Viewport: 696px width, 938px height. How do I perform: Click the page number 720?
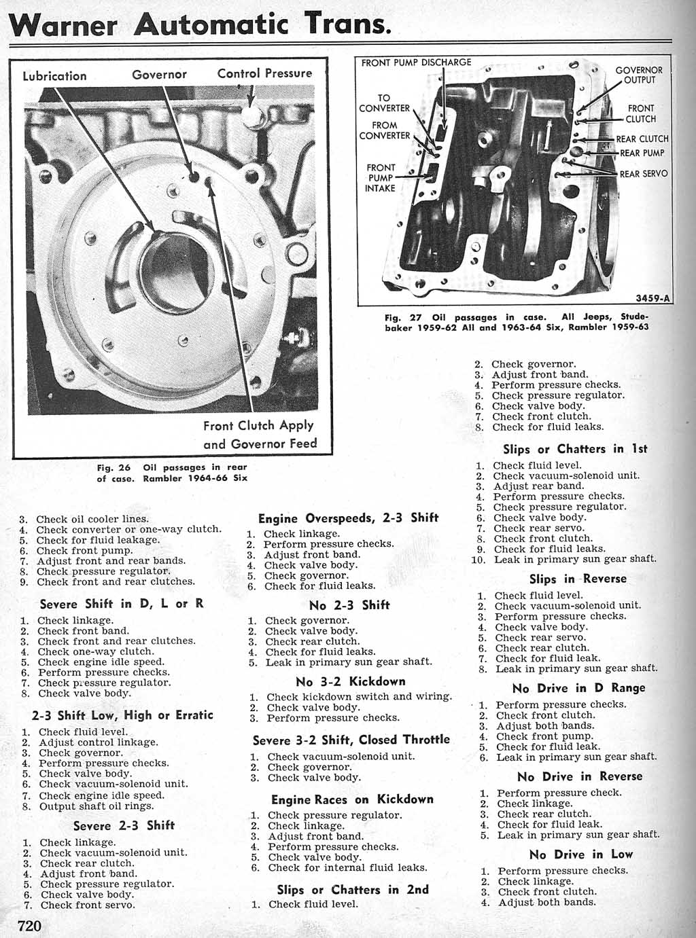click(30, 926)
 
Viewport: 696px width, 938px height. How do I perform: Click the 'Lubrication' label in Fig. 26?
click(54, 76)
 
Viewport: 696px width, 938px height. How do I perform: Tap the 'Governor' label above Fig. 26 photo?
click(159, 75)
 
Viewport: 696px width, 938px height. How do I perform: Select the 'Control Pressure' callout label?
click(264, 73)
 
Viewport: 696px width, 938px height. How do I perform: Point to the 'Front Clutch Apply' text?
click(258, 426)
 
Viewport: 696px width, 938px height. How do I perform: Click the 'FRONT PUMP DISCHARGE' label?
click(416, 62)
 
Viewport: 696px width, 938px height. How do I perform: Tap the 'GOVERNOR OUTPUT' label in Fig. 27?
click(639, 75)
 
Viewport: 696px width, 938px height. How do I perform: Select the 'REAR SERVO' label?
click(644, 174)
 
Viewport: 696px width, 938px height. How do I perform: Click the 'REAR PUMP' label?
click(642, 154)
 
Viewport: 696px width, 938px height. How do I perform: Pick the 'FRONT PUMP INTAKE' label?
click(381, 177)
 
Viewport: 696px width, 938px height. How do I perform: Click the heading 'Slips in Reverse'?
click(578, 579)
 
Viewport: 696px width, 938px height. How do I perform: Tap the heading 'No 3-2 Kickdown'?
click(350, 681)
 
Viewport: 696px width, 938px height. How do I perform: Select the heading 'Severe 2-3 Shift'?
click(124, 825)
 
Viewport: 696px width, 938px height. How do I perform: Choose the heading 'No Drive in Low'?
click(580, 854)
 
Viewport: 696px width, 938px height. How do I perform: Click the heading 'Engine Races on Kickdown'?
click(352, 799)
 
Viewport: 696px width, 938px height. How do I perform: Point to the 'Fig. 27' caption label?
click(403, 317)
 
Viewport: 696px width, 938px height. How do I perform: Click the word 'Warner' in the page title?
click(65, 26)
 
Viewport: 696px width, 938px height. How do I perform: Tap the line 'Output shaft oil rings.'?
click(97, 807)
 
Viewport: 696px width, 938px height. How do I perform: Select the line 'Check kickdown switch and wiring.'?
click(359, 697)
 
